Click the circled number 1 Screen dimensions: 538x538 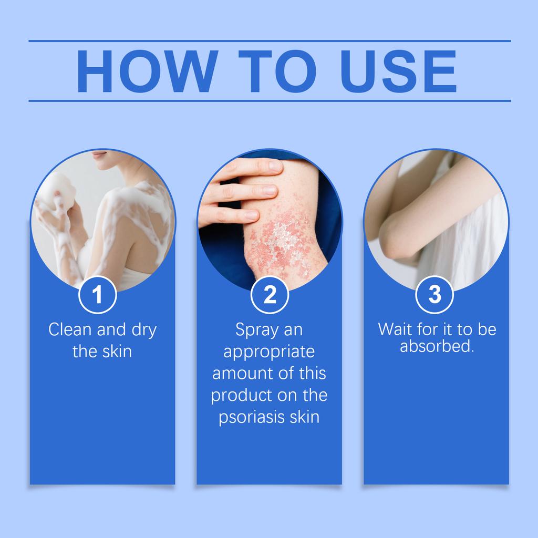[97, 295]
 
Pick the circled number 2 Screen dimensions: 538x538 [270, 295]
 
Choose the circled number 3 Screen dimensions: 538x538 [434, 295]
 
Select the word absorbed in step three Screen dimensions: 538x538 [436, 347]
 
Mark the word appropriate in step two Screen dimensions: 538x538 [269, 351]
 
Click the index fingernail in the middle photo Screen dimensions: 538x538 [274, 165]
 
